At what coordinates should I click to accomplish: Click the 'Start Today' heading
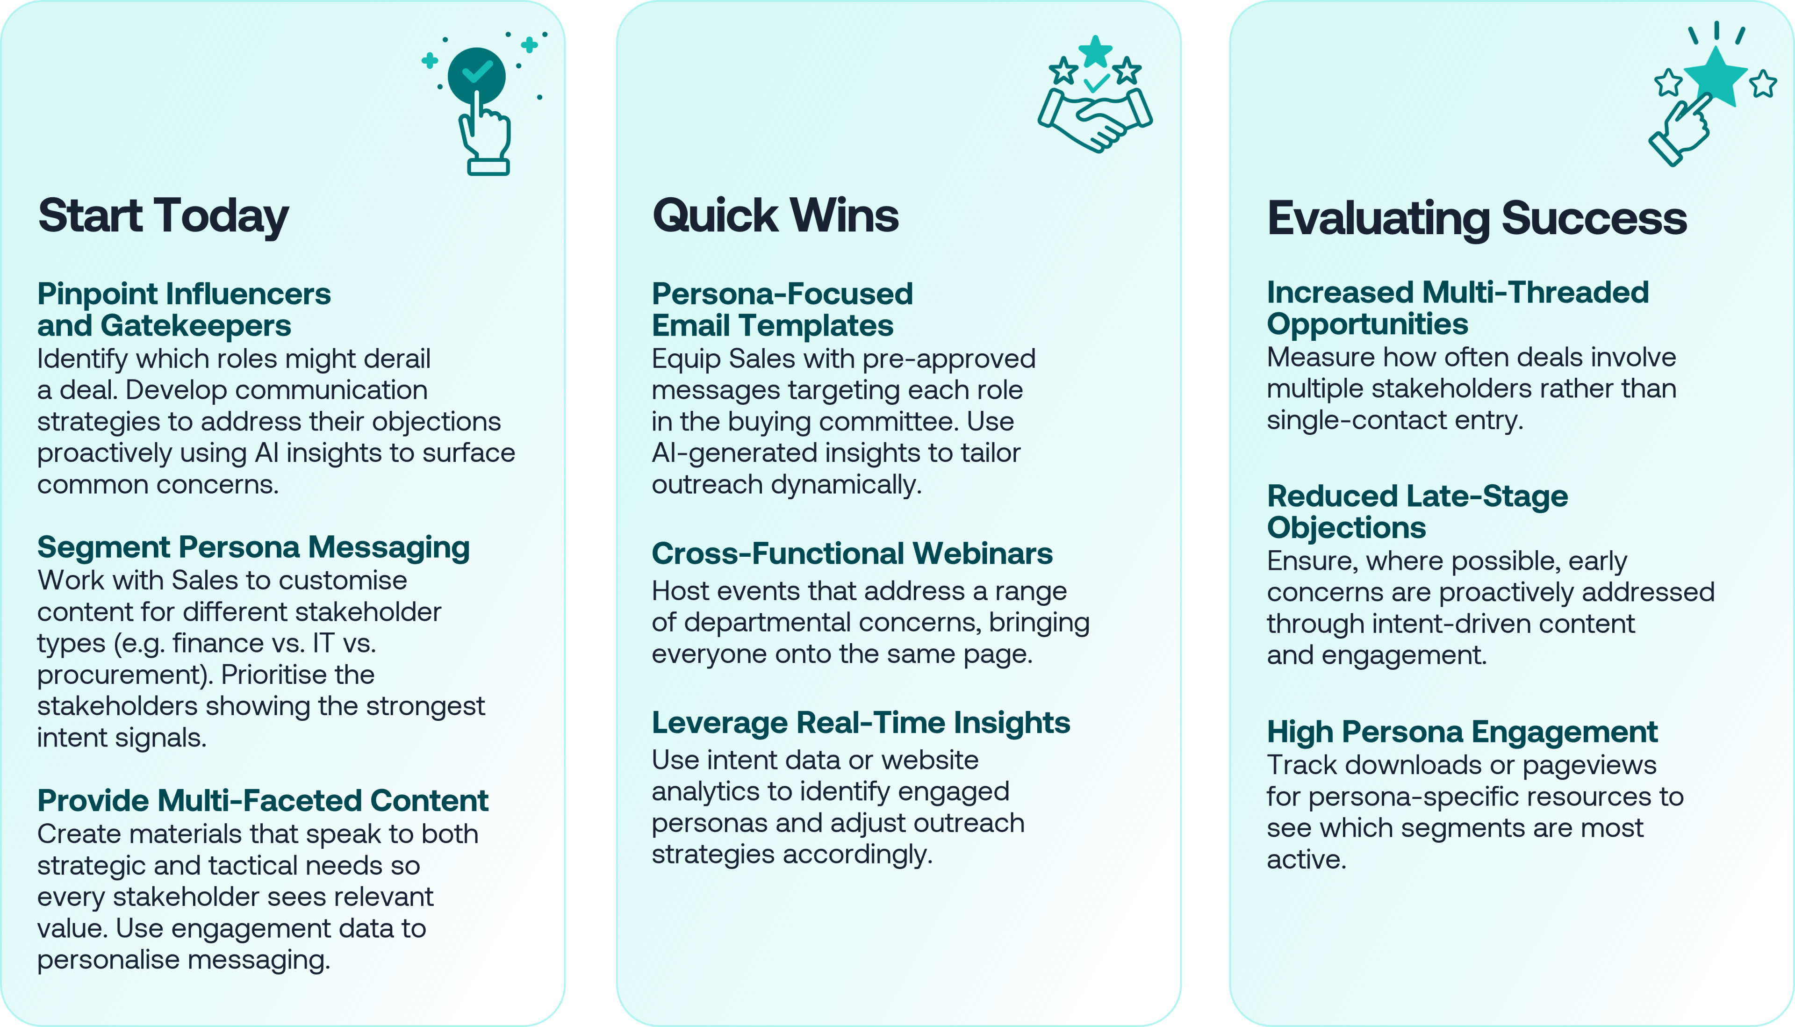[x=164, y=216]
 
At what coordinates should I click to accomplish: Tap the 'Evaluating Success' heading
[x=1477, y=218]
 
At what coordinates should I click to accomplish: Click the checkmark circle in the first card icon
[x=477, y=75]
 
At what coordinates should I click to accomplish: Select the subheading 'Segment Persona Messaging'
[x=254, y=547]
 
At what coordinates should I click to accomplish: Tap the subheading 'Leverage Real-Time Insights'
[x=861, y=723]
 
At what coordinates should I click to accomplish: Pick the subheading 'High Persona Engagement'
[x=1462, y=732]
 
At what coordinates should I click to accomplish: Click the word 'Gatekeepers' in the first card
[x=195, y=326]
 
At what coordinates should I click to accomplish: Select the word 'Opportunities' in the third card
[x=1368, y=324]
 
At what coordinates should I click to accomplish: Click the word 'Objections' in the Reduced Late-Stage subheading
[x=1346, y=528]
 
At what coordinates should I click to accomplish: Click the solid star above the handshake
[x=1095, y=51]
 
